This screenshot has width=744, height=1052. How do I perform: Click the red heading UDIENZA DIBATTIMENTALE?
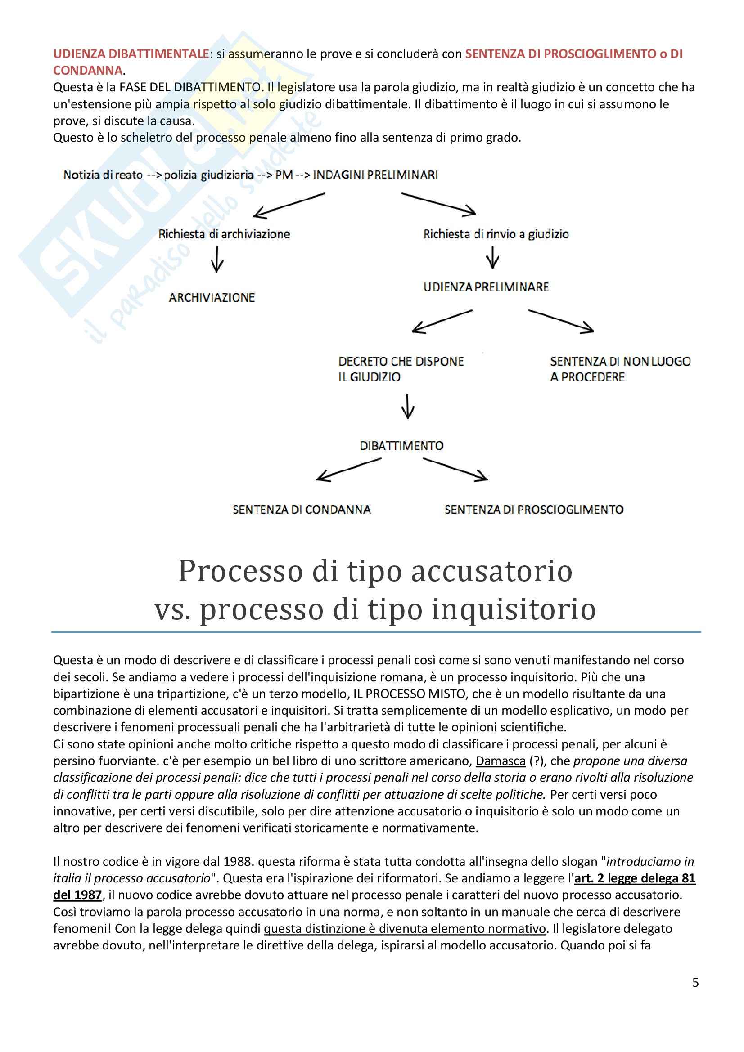pos(131,54)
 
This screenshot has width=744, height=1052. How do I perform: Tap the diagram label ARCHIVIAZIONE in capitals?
pos(212,298)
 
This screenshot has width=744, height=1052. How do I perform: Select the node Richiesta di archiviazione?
pos(224,235)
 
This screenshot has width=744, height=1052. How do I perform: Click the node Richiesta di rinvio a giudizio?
pos(496,235)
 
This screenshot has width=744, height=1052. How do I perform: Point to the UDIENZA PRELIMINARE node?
pos(486,287)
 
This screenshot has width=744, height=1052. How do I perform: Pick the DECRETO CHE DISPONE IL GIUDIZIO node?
pos(401,369)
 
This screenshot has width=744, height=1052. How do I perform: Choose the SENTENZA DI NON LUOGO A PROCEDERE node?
pos(620,369)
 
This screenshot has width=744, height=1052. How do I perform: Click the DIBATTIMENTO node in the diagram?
pos(401,446)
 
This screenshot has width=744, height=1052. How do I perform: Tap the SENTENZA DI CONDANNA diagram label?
pos(301,510)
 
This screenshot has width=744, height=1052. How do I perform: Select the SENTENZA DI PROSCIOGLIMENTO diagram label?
pos(534,510)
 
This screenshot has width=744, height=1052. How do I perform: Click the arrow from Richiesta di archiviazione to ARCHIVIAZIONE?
pos(217,260)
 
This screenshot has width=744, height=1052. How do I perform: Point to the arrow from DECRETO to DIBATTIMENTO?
pos(407,406)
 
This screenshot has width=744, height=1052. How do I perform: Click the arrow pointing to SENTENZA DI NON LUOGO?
pos(561,320)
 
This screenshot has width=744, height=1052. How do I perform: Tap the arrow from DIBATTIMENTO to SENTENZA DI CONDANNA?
pos(348,470)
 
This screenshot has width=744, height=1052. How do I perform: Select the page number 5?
pos(695,982)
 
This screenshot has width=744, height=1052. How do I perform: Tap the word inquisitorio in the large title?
pos(514,609)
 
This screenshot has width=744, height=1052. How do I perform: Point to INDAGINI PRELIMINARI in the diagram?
pos(375,175)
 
